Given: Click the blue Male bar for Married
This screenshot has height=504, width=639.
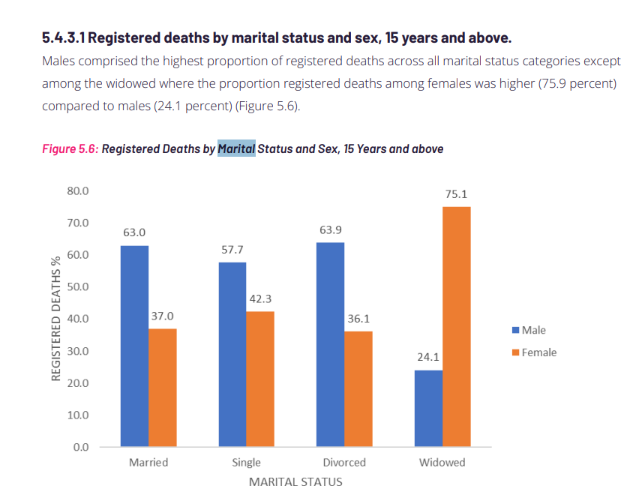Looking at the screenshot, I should click(134, 346).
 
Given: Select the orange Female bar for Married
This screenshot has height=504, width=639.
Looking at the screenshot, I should click(163, 388).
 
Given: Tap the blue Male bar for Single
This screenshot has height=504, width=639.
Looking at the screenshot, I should click(232, 355).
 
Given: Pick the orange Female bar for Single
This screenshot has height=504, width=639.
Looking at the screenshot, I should click(259, 379).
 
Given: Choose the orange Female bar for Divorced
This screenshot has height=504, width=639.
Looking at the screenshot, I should click(358, 389).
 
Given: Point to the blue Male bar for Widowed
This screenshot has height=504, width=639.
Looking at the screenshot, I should click(428, 409).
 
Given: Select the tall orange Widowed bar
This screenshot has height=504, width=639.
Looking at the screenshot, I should click(456, 327).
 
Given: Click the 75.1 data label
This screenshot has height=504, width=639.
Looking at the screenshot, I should click(456, 193).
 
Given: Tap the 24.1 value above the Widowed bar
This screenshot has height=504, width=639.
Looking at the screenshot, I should click(428, 357).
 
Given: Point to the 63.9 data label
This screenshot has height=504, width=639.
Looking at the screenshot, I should click(330, 229).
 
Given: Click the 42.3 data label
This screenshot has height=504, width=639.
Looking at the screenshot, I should click(260, 298).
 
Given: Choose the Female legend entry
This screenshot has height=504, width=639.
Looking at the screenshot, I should click(534, 352).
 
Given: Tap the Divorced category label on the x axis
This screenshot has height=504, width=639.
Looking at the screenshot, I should click(344, 462).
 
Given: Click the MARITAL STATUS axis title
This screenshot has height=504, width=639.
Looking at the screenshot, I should click(295, 481).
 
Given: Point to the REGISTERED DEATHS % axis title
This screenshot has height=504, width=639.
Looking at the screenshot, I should click(56, 318).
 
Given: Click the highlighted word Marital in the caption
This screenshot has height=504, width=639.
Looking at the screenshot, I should click(236, 148).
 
